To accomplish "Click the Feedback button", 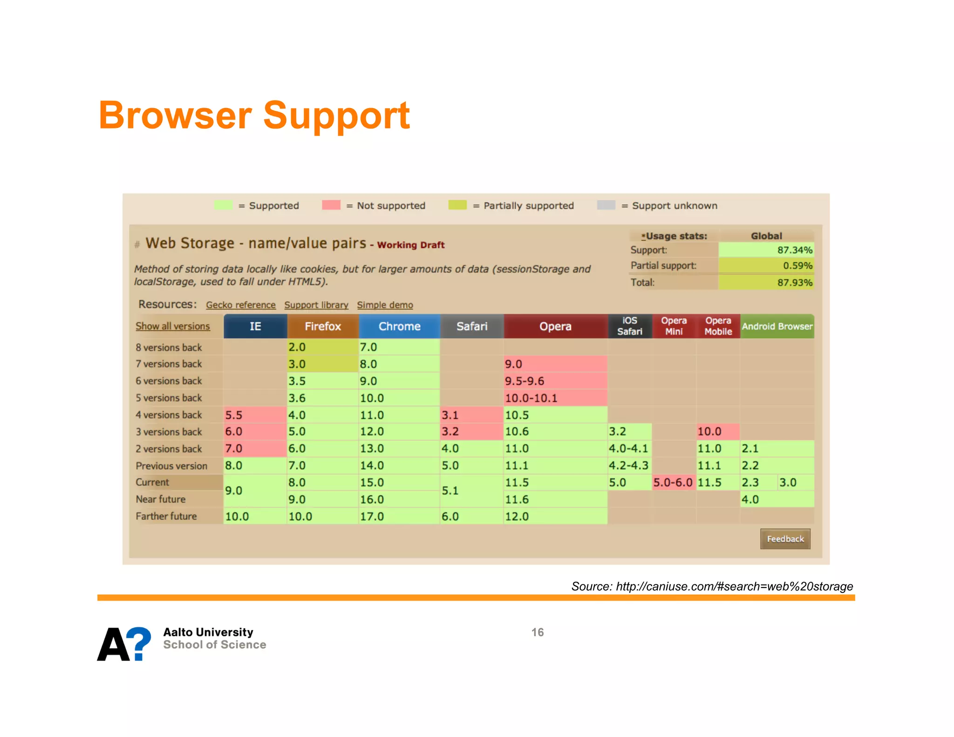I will click(x=785, y=539).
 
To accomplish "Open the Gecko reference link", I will click(x=241, y=305).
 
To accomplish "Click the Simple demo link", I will click(x=385, y=305).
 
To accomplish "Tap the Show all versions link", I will click(x=173, y=327).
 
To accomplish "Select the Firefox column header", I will click(x=323, y=327).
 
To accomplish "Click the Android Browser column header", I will click(x=777, y=327).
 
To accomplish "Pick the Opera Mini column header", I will click(x=674, y=326).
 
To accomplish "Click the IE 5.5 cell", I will click(x=254, y=415).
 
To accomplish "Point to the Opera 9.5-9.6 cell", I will click(x=555, y=381).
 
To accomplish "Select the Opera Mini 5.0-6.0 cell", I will click(x=673, y=483).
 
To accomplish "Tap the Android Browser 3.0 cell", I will click(x=795, y=483).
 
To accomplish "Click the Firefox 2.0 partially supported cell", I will click(x=322, y=347).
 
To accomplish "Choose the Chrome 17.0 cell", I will click(x=399, y=517).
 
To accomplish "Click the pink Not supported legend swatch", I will click(x=331, y=205).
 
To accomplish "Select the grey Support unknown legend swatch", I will click(x=606, y=205).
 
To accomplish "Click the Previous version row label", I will click(x=171, y=466).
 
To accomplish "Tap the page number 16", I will click(x=538, y=632).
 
